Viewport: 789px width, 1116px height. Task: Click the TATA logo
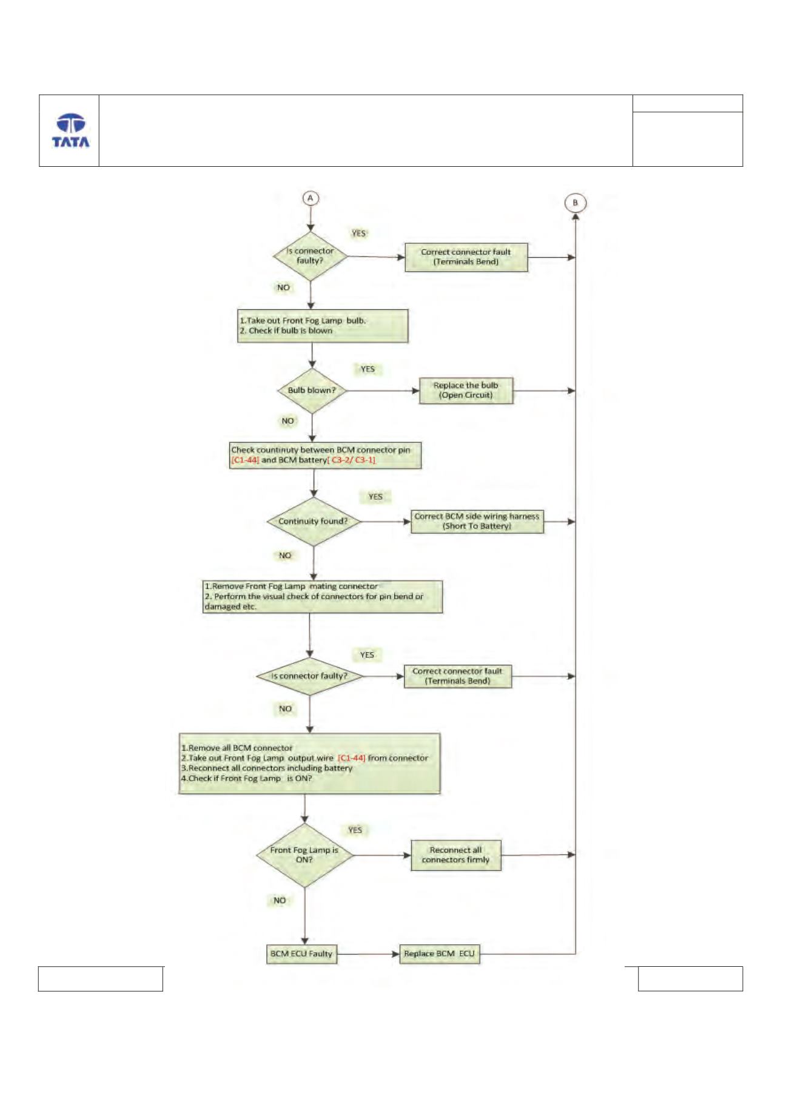pos(70,130)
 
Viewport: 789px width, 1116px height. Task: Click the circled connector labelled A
pos(311,198)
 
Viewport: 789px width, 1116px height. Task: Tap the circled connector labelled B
pos(575,203)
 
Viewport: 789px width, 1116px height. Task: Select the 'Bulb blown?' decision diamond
pos(312,391)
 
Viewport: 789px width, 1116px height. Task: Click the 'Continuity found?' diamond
pos(314,522)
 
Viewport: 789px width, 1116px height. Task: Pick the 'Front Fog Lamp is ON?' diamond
pos(304,855)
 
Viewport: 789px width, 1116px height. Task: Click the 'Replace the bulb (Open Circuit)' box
pos(466,391)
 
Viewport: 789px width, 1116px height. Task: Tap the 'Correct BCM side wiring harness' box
pos(477,521)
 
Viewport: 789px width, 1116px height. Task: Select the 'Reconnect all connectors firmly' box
pos(455,855)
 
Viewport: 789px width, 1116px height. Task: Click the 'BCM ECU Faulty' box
pos(301,954)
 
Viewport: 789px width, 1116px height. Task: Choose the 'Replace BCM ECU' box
pos(439,954)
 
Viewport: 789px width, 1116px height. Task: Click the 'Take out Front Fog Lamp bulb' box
pos(323,326)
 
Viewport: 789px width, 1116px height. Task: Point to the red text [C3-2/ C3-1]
pos(352,460)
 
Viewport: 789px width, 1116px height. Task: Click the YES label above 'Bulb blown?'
pos(368,369)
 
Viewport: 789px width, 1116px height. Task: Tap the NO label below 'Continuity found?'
pos(285,556)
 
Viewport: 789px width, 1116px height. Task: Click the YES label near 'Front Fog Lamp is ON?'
pos(355,830)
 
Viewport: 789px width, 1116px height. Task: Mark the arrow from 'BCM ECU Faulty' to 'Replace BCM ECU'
pos(368,954)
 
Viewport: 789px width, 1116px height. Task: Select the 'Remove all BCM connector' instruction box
pos(309,764)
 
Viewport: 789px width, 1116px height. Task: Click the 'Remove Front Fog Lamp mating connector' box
pos(323,597)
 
